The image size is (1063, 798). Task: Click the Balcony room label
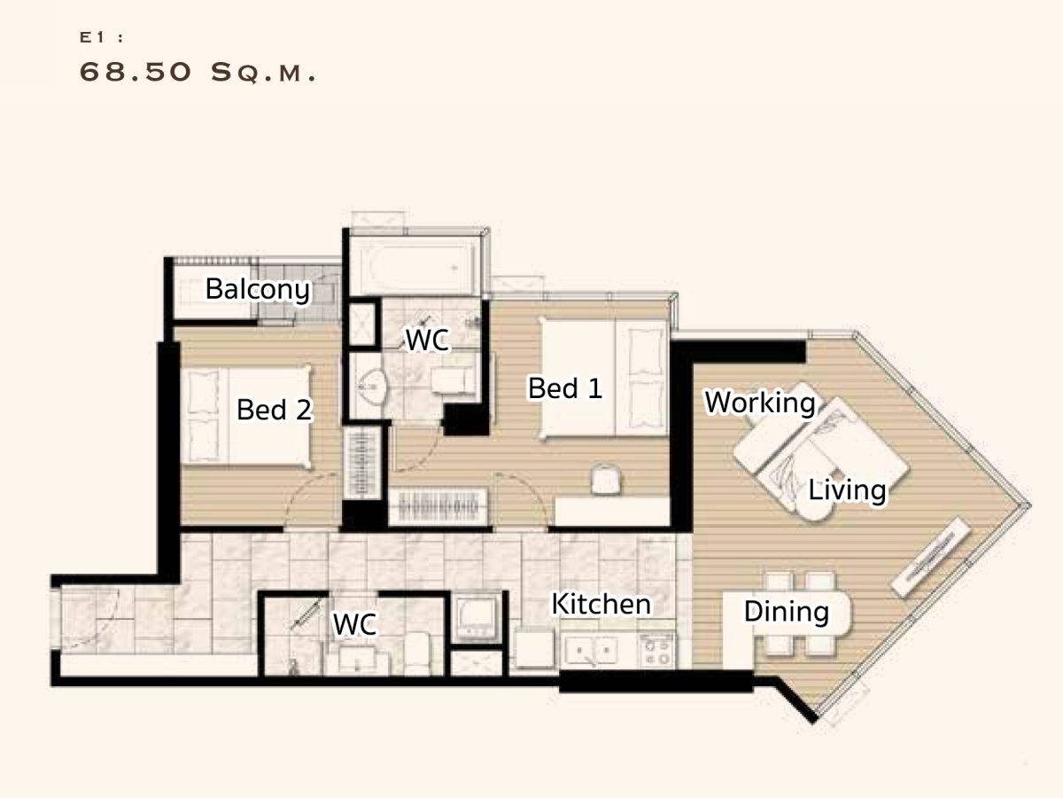click(257, 290)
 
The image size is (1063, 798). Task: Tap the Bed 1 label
click(564, 388)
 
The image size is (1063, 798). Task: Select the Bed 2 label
click(274, 410)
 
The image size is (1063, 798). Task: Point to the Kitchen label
click(601, 604)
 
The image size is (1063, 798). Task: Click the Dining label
click(786, 612)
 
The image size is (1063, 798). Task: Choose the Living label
click(847, 490)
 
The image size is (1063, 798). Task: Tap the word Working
click(760, 403)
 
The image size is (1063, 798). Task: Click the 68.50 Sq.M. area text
click(198, 73)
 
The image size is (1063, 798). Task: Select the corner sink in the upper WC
click(371, 386)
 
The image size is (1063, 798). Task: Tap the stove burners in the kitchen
click(657, 651)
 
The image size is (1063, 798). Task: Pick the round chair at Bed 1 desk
click(606, 480)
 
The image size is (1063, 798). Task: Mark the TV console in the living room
click(931, 557)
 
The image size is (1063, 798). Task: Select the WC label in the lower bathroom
click(354, 624)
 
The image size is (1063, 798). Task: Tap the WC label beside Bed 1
click(427, 340)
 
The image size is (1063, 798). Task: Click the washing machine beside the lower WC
click(477, 619)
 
